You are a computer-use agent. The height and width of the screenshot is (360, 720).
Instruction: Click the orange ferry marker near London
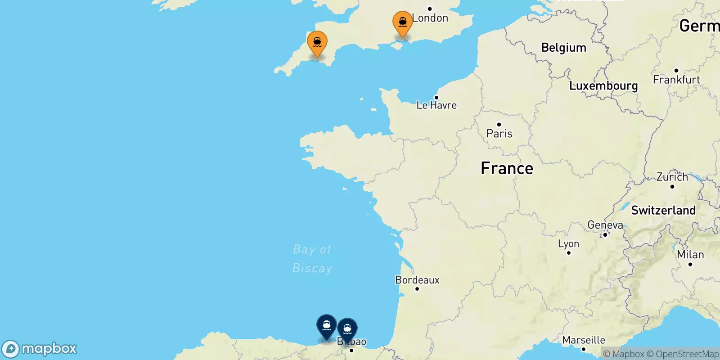402,22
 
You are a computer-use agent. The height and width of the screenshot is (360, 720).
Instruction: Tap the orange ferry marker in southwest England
317,43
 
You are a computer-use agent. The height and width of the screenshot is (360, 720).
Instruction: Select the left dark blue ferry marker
327,326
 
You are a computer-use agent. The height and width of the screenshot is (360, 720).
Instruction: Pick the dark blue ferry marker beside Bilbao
347,329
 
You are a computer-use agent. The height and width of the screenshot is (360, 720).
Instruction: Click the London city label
430,18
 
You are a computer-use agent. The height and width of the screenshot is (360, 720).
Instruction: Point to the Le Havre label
436,105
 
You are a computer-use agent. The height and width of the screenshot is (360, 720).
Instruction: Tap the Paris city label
499,133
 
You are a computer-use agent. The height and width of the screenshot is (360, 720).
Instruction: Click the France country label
507,168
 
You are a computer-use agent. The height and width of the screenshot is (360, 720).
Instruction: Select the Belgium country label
563,48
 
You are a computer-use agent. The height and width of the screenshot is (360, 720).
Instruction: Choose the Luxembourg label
603,85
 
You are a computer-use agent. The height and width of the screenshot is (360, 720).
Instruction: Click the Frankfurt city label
676,80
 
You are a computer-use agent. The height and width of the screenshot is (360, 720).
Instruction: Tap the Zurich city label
672,177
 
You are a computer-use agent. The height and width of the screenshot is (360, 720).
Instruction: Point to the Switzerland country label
663,210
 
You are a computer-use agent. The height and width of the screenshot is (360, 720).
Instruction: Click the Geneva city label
605,225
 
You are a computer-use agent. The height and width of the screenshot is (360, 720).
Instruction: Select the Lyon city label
568,244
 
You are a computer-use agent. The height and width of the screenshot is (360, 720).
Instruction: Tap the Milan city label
690,255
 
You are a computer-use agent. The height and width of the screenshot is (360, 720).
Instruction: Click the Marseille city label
584,340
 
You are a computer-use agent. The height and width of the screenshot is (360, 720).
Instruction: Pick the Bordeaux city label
417,280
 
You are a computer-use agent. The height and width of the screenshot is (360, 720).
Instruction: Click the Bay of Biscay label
312,259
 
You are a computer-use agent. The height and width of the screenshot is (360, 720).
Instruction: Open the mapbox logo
40,349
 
